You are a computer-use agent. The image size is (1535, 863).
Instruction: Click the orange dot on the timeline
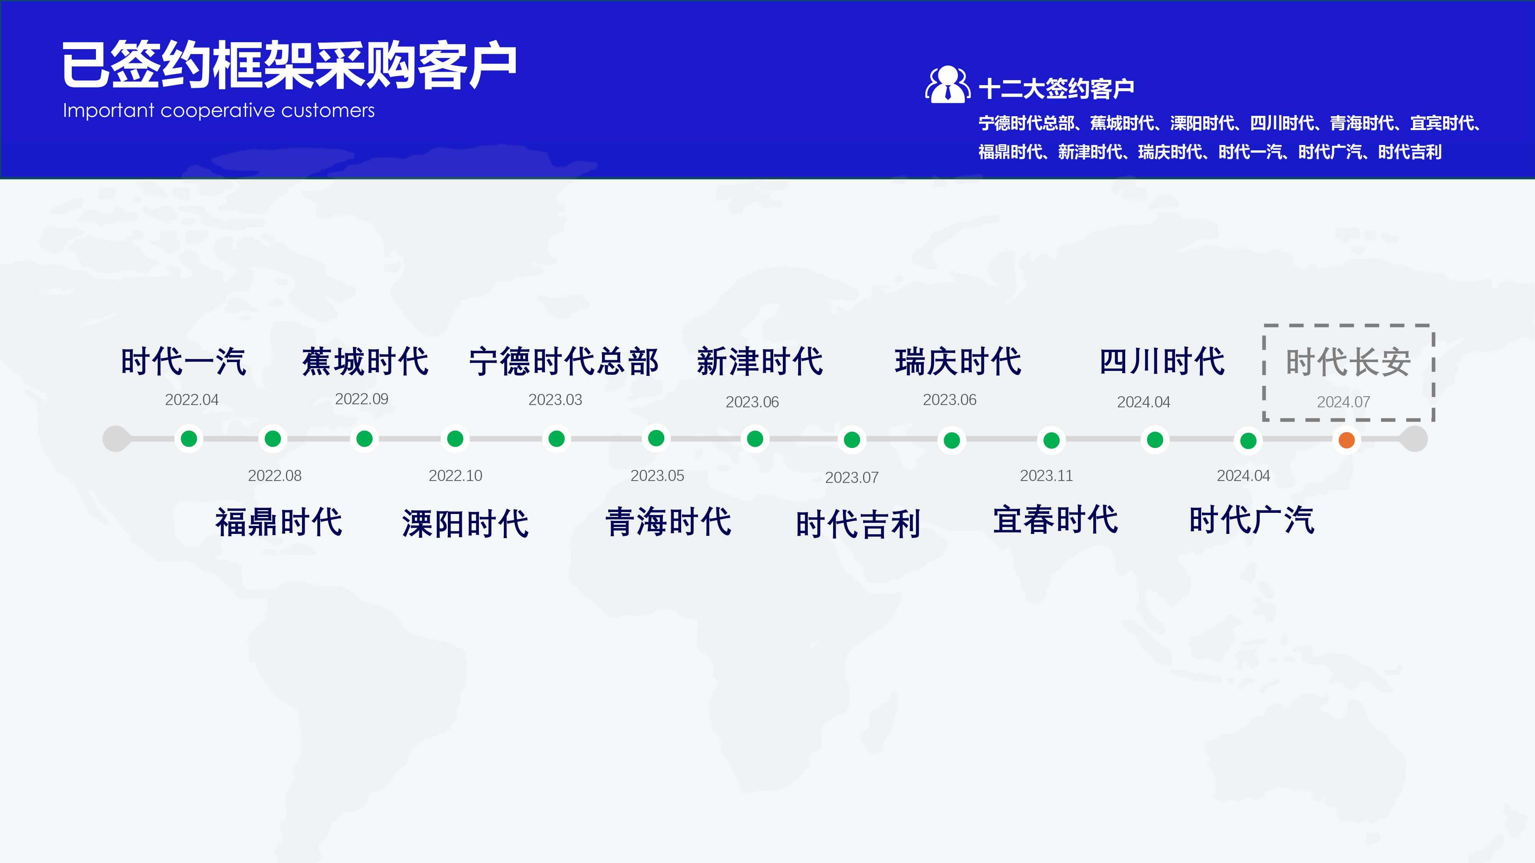pos(1346,440)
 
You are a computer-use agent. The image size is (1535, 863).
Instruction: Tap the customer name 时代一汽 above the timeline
pos(183,362)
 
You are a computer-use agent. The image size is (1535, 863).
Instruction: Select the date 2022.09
pos(362,399)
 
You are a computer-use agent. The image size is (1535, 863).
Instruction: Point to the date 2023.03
pos(555,400)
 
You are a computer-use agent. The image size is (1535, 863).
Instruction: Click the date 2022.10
pos(455,475)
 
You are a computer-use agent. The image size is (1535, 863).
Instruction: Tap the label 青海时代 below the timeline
pos(668,522)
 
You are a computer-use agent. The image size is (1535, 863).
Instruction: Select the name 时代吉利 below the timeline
pos(858,524)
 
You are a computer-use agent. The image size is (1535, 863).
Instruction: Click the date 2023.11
pos(1046,475)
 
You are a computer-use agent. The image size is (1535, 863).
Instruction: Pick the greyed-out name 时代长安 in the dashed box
pos(1348,362)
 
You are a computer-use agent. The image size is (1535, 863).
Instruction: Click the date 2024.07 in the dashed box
pos(1343,402)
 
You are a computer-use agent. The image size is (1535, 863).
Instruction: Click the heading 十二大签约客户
pos(1056,89)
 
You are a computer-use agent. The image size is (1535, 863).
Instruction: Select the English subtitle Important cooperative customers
pos(219,111)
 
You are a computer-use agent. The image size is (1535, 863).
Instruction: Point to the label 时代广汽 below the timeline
pos(1251,519)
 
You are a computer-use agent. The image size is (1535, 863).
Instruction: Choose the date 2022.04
pos(191,400)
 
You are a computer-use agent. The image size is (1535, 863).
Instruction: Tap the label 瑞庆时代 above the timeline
pos(957,362)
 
